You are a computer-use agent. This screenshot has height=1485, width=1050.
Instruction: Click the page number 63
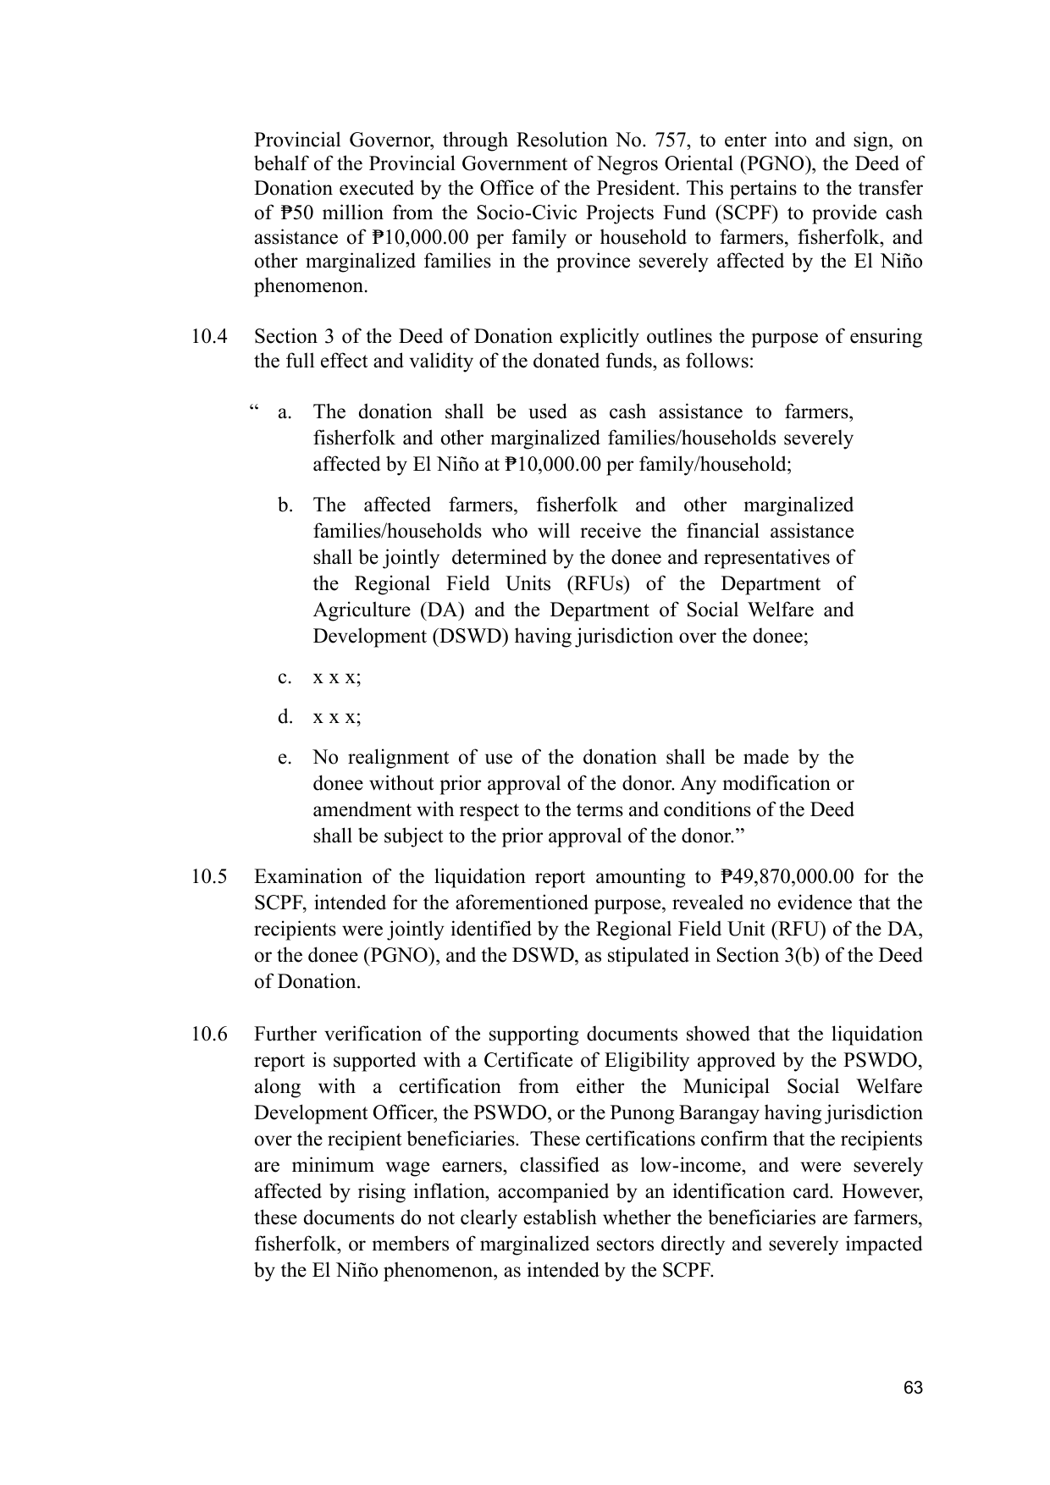[x=913, y=1388]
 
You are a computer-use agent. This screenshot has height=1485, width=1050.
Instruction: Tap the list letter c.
[x=285, y=677]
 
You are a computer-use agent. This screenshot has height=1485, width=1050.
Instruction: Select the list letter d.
[x=285, y=717]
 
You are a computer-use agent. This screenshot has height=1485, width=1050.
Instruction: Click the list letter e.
[x=285, y=757]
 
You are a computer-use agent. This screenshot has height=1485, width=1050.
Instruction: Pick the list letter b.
[x=285, y=505]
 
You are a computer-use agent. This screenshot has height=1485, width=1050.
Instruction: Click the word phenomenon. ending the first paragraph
[x=311, y=286]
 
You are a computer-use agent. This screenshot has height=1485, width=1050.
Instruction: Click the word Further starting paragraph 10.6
[x=286, y=1035]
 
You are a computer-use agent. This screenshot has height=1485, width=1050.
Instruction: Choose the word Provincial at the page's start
[x=296, y=140]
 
